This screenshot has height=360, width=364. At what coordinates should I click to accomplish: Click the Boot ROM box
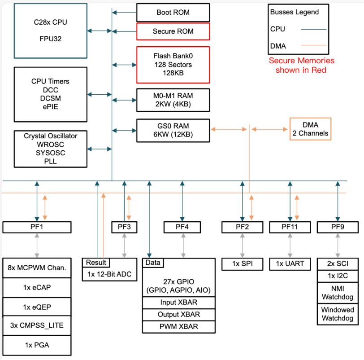(x=173, y=13)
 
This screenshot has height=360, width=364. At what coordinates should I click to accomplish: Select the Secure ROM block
(x=173, y=32)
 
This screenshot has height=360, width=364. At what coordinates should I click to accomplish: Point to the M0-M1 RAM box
(x=173, y=99)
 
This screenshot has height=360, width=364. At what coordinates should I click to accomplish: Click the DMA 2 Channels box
(x=310, y=129)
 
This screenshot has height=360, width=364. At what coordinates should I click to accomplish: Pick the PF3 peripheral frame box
(x=124, y=227)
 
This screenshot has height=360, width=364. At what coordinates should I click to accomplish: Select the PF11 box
(x=290, y=227)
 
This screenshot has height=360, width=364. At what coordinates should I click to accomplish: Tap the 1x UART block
(x=290, y=264)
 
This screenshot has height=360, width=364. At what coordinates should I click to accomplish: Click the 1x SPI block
(x=242, y=264)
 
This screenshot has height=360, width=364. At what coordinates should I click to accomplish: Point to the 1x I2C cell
(x=338, y=276)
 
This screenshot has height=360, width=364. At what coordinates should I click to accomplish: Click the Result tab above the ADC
(x=95, y=263)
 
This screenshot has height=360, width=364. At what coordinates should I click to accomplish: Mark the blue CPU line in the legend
(x=314, y=29)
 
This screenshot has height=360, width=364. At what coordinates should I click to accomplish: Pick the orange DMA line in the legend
(x=314, y=45)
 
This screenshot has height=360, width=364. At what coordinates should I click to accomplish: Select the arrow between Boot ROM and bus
(x=124, y=13)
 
